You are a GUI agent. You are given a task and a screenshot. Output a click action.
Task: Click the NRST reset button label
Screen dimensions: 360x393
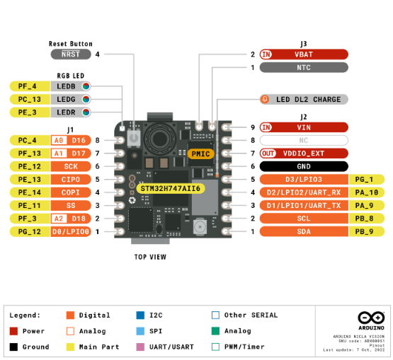click(x=71, y=54)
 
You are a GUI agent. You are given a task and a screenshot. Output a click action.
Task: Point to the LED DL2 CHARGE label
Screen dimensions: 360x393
click(x=309, y=100)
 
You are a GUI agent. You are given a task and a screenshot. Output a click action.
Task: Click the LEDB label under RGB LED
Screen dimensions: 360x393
click(x=66, y=86)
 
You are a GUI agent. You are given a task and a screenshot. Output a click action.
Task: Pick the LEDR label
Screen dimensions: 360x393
click(x=66, y=112)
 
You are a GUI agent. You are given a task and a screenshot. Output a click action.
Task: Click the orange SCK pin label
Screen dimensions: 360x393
click(x=71, y=166)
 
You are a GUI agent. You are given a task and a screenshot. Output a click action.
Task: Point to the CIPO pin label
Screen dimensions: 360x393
click(x=71, y=180)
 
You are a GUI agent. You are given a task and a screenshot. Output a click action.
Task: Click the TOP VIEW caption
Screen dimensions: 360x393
click(x=150, y=257)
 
